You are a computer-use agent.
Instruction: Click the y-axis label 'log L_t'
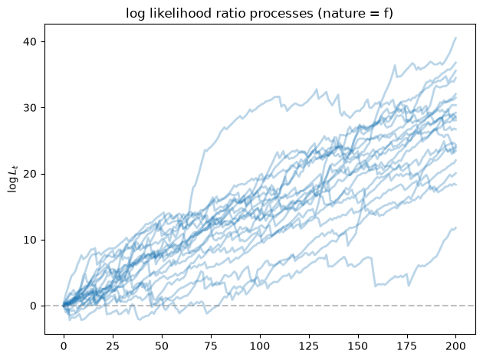tap(12, 178)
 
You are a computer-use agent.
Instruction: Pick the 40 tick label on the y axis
tap(30, 41)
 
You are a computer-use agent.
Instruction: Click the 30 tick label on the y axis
tap(30, 108)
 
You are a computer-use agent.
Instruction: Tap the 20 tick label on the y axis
tap(30, 174)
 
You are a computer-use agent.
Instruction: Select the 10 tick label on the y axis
tap(30, 240)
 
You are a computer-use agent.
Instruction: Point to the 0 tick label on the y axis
tap(33, 306)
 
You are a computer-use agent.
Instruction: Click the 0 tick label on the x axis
tap(64, 346)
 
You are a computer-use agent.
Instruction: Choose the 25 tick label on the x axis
tap(113, 346)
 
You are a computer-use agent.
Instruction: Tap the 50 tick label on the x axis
tap(162, 346)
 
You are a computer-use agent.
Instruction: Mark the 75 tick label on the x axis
tap(211, 346)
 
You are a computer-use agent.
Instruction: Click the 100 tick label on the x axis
tap(260, 346)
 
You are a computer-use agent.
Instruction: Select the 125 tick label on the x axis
tap(309, 346)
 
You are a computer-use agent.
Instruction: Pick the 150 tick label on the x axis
tap(358, 346)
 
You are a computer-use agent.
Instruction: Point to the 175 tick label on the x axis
tap(407, 346)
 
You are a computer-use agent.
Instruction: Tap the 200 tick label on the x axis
tap(456, 346)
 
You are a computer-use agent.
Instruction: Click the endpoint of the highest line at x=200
tap(456, 38)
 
